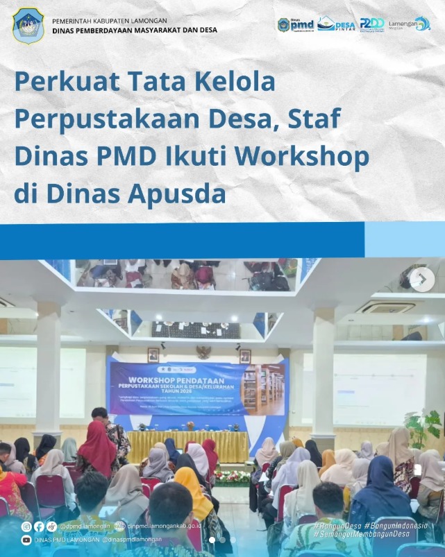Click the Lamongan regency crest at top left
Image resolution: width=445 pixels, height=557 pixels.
[x=28, y=26]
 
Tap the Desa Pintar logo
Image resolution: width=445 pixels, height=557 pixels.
[x=336, y=24]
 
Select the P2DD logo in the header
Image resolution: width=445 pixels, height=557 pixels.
[x=372, y=25]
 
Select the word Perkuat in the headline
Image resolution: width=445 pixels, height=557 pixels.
[x=61, y=83]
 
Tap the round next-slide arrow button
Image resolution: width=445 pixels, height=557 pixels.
[x=421, y=279]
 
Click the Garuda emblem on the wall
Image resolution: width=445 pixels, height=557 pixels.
[x=203, y=352]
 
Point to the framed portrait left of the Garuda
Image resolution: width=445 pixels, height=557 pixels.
[x=153, y=355]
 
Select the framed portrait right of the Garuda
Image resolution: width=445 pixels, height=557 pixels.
[x=244, y=355]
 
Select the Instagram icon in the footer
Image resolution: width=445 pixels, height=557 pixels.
[x=26, y=526]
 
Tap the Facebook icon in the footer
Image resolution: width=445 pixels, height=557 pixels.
[x=39, y=526]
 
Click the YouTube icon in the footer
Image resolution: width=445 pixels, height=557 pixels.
[x=26, y=539]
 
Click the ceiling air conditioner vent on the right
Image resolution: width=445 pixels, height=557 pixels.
[x=387, y=307]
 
